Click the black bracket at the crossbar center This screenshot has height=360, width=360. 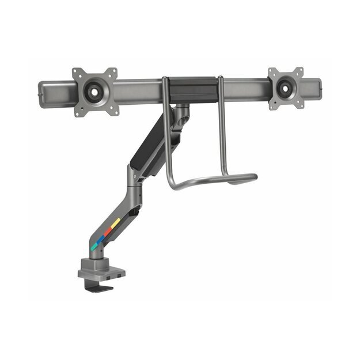191,90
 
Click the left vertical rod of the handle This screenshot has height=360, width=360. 165,132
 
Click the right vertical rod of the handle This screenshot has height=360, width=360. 221,132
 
